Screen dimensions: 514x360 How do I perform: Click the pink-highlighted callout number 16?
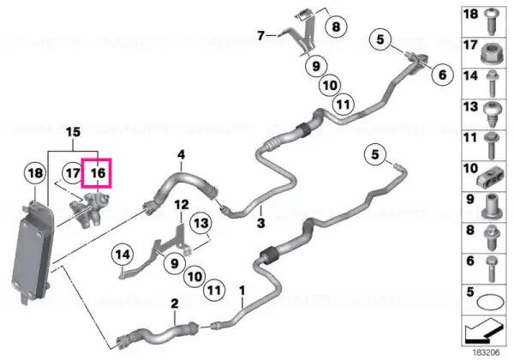point(98,173)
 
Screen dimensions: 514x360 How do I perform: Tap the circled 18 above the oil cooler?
point(36,172)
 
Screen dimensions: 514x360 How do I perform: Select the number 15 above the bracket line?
point(73,132)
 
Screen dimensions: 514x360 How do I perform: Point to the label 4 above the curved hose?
point(182,154)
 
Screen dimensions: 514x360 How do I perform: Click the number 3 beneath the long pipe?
point(260,223)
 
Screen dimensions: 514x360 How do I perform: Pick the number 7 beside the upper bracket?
point(260,35)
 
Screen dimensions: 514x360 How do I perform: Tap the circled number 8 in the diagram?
point(337,27)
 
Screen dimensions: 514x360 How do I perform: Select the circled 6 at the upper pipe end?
point(443,75)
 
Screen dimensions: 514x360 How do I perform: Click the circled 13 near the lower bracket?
point(201,223)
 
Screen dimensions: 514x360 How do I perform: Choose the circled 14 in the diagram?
point(123,255)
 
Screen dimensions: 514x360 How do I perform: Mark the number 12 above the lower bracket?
point(182,205)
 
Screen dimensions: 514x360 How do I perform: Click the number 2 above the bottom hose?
point(175,303)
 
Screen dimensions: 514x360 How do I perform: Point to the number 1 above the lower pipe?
point(242,291)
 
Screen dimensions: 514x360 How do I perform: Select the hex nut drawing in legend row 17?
point(491,53)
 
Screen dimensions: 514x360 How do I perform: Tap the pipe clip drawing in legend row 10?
point(490,179)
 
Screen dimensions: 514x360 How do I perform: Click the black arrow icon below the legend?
point(483,331)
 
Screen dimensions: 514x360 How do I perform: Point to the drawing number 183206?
point(486,352)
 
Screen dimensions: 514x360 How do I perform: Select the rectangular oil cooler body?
point(32,253)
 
